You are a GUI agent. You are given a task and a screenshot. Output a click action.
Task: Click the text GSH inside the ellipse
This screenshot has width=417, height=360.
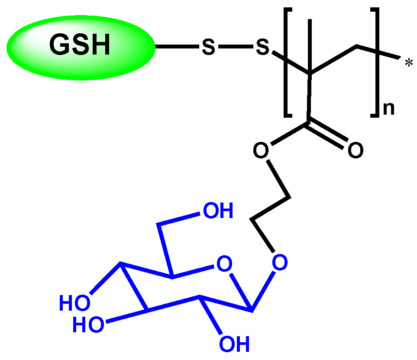click(x=80, y=45)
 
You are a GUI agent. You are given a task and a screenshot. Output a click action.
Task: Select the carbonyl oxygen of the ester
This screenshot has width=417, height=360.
click(x=355, y=150)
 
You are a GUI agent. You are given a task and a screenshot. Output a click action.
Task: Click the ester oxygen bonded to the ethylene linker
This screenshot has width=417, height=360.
click(x=261, y=151)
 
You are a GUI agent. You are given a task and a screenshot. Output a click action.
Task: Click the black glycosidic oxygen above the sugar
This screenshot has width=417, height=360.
click(x=280, y=262)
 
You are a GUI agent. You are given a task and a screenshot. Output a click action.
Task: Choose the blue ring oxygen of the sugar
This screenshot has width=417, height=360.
click(x=223, y=264)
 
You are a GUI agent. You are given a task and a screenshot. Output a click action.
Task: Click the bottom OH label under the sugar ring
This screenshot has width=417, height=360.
click(x=234, y=344)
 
